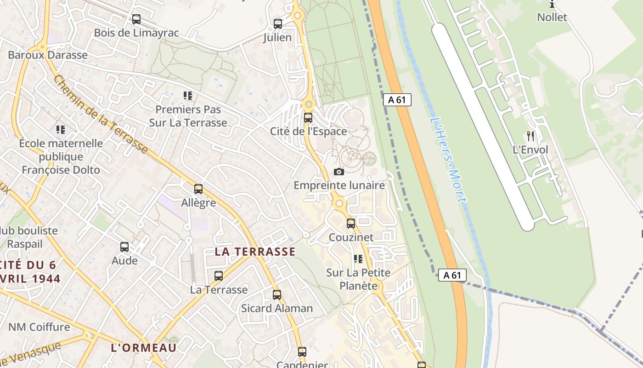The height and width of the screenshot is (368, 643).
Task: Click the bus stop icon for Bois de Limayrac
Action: [136, 19]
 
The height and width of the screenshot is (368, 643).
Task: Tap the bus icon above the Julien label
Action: [278, 24]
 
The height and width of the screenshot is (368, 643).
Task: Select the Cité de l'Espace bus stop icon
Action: [308, 118]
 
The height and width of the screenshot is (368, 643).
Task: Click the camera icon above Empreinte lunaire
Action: [339, 172]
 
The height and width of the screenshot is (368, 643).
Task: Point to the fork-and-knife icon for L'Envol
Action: [530, 136]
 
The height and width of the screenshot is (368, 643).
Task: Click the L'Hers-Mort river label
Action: [448, 160]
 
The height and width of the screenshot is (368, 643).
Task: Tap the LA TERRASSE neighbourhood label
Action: [255, 252]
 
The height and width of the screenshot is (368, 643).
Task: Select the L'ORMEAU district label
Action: [144, 348]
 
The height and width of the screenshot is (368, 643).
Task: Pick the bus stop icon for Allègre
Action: [198, 189]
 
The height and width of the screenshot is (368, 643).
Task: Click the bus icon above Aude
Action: [124, 247]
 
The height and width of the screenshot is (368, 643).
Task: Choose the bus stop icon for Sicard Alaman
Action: [277, 295]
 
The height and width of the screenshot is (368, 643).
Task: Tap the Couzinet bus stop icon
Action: [351, 224]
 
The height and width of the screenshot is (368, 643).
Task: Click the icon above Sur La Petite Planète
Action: [358, 259]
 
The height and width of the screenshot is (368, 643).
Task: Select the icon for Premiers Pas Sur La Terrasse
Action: [187, 96]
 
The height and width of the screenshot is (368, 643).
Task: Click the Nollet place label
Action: [552, 17]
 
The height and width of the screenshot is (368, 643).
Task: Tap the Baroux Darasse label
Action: [48, 55]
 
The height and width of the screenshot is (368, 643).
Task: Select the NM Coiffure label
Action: [39, 328]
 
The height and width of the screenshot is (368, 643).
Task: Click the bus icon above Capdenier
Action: [302, 352]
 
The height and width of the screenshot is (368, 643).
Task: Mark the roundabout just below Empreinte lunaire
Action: [339, 203]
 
